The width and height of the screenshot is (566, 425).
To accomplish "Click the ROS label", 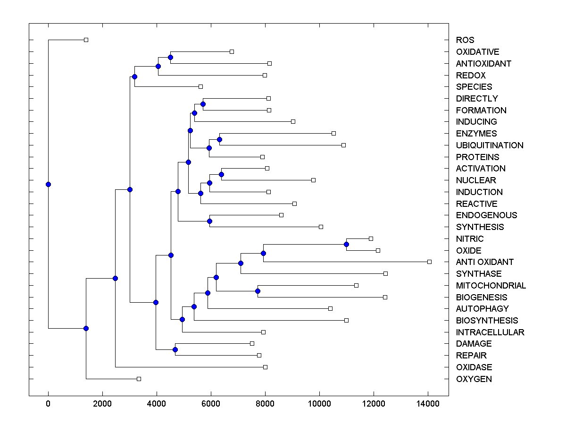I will point(465,40).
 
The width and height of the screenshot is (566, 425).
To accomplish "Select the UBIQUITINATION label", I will point(490,145).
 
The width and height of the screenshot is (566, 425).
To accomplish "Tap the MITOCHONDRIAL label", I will point(491,286).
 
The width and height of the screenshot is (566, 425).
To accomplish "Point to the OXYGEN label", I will point(474,379).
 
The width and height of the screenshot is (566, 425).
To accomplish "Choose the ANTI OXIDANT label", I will point(485,262).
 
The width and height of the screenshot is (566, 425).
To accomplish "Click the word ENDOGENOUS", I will point(487,215).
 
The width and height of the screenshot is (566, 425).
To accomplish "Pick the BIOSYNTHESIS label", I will point(487,321).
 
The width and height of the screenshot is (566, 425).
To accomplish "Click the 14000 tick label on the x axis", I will point(428,404).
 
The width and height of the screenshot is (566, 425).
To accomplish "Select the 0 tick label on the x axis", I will point(48,404).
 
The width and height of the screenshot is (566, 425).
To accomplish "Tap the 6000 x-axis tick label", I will point(211,404).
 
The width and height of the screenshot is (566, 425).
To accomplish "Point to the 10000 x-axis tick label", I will point(319,404).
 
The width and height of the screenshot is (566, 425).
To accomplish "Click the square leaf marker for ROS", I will point(86,40).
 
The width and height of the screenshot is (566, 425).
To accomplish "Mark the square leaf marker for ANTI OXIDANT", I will point(429,262).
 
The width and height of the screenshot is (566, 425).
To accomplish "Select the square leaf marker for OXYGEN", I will point(139,379).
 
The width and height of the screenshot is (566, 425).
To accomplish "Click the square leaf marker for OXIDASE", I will point(265,367).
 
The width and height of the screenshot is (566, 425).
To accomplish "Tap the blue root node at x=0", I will point(48,184).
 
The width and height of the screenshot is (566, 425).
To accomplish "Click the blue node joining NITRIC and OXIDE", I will point(346,244).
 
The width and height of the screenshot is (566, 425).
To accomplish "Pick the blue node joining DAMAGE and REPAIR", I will point(175,349).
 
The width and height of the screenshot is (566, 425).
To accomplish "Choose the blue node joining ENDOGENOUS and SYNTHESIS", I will point(210,221).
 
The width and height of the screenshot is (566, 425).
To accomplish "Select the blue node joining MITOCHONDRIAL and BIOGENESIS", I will point(258,291).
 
